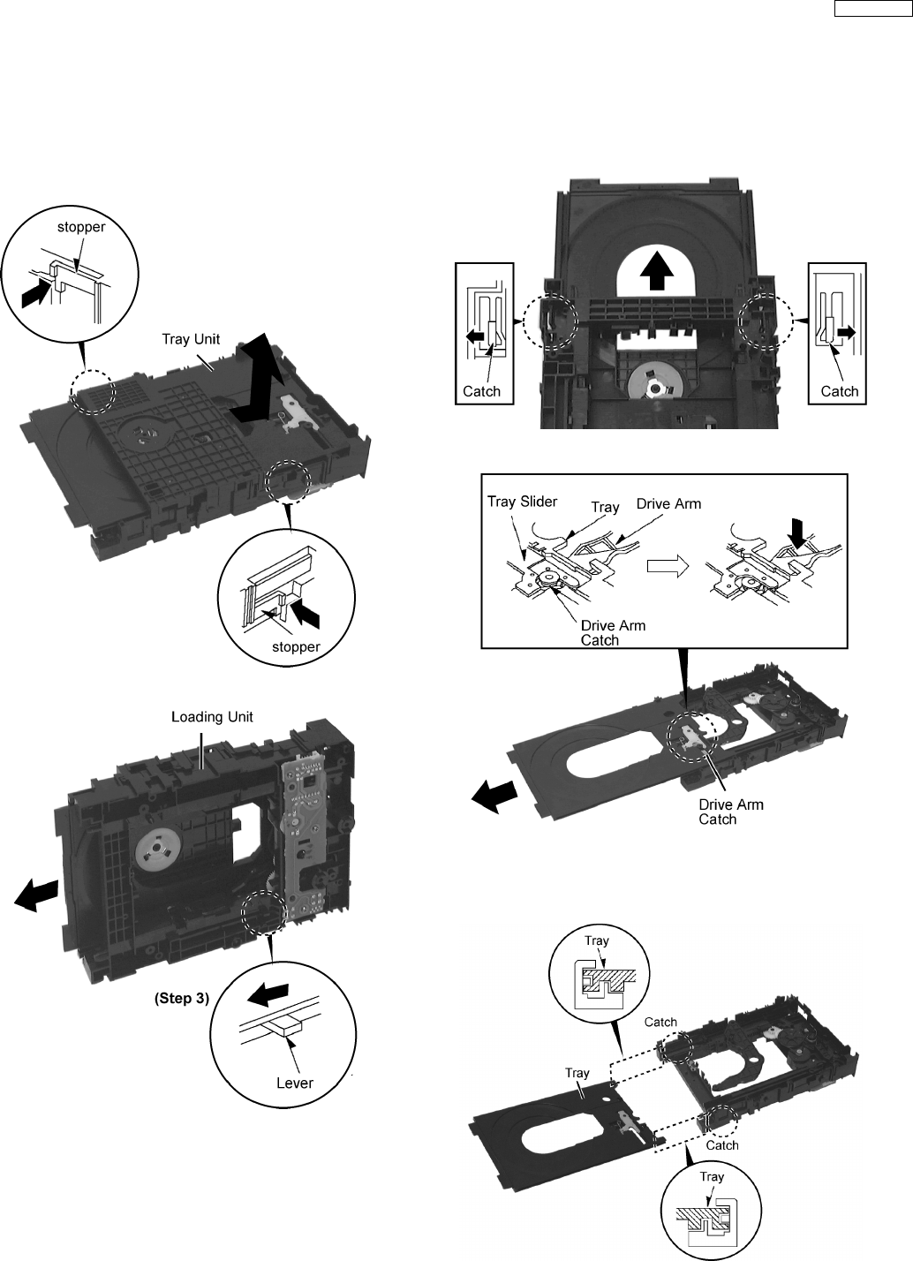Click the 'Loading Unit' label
212,716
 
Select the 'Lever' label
295,1083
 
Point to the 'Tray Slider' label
523,502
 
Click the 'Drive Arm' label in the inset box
670,503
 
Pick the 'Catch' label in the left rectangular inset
481,391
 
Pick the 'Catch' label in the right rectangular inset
840,391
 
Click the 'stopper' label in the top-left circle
81,227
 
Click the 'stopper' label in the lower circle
296,646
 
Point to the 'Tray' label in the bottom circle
712,1176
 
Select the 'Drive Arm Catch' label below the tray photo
731,812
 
